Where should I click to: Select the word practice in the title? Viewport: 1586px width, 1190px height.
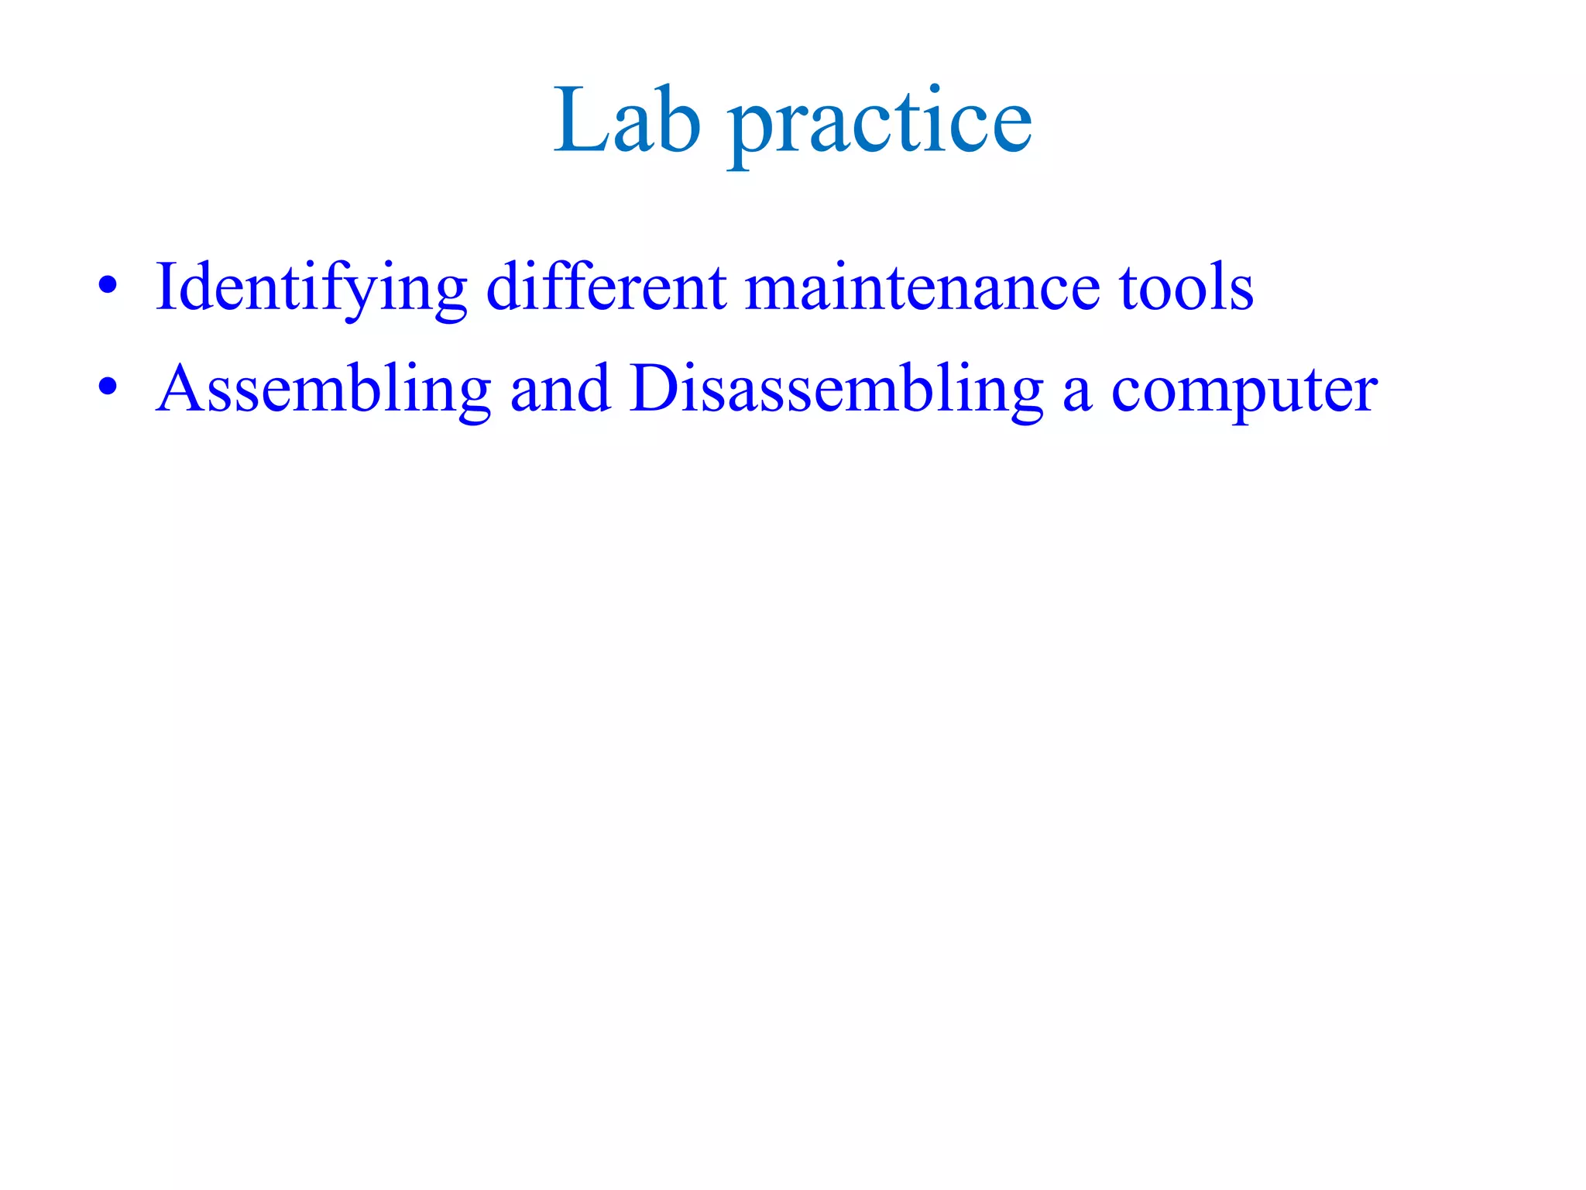click(880, 124)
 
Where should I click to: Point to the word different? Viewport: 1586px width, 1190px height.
click(606, 287)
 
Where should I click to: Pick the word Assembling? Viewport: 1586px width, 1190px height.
click(324, 390)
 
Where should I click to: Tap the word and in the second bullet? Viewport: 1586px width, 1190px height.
click(560, 390)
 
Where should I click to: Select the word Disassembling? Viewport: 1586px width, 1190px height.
click(836, 390)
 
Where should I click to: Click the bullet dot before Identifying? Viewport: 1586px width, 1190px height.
click(108, 286)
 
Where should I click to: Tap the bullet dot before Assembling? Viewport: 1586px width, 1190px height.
click(108, 387)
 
